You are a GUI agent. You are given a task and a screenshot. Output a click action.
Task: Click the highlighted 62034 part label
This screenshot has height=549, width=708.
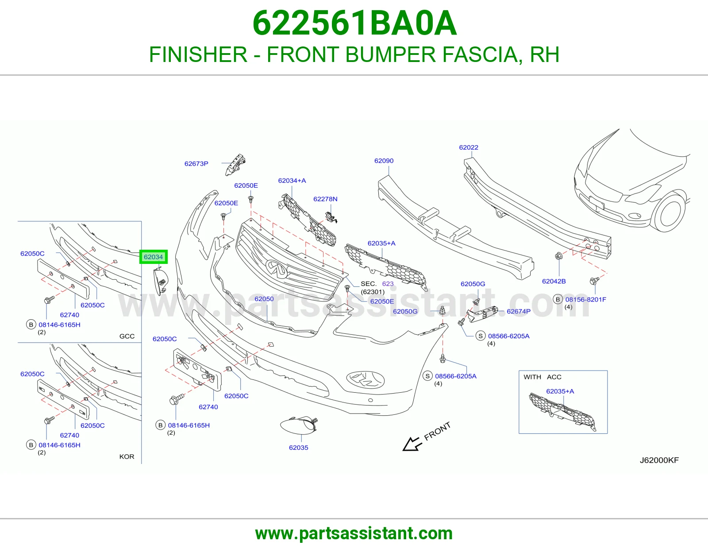[x=153, y=257]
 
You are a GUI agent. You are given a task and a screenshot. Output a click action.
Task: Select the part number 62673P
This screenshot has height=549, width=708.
[x=196, y=164]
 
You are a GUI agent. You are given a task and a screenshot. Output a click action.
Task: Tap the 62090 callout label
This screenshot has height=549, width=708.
[x=384, y=161]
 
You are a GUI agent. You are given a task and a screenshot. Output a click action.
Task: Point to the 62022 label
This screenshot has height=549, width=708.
[x=469, y=147]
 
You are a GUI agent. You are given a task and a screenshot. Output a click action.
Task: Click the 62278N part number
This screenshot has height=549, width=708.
[x=325, y=199]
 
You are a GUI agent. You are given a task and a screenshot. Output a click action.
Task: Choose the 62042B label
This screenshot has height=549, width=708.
[x=554, y=281]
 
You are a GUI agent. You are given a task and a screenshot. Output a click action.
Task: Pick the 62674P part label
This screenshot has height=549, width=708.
[x=518, y=311]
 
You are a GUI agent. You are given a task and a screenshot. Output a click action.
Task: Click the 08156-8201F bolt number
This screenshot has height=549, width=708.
[x=585, y=299]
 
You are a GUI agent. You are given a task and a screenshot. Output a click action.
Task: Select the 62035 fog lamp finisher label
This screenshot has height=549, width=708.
[x=298, y=448]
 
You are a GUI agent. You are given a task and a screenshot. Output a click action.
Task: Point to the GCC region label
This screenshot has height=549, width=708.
[x=127, y=336]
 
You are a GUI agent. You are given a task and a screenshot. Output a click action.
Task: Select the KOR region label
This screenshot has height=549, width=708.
[x=127, y=456]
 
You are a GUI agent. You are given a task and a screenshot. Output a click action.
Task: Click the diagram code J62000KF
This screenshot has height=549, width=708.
[x=659, y=460]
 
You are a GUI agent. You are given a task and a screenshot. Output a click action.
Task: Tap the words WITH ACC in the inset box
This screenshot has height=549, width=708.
[x=542, y=377]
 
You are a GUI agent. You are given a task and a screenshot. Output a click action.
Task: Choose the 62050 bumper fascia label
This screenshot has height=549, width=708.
[x=264, y=298]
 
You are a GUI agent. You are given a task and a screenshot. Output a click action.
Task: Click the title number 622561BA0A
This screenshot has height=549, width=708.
[x=354, y=23]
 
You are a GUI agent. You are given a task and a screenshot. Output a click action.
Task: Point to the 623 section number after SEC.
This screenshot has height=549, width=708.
[x=388, y=284]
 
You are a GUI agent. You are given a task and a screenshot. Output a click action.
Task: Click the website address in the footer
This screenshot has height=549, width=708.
[x=354, y=534]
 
